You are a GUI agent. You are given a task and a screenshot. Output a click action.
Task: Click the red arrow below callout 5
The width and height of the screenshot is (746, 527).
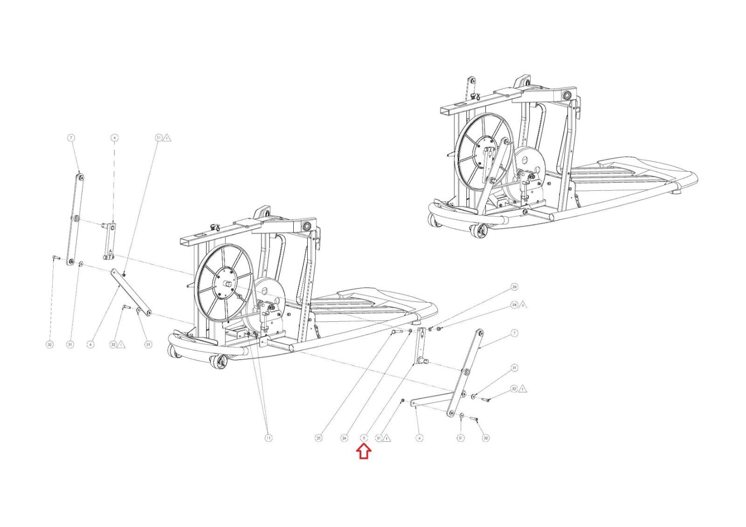pos(364,451)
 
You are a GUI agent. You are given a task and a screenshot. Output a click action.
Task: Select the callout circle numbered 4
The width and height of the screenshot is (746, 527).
pos(114,138)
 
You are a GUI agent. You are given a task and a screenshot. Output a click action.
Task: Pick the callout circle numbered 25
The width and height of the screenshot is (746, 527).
pos(319,438)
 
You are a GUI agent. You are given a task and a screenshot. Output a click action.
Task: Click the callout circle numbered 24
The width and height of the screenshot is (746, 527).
pos(515,305)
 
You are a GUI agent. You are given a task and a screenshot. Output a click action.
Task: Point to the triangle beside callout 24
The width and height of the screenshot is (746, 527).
pos(523,305)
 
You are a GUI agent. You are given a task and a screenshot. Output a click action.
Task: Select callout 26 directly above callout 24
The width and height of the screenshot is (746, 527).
pos(515,286)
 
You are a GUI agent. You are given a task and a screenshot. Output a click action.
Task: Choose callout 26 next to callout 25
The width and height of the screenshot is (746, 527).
pos(344,438)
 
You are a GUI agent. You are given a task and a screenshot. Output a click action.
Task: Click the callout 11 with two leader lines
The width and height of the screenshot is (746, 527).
pos(269,438)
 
